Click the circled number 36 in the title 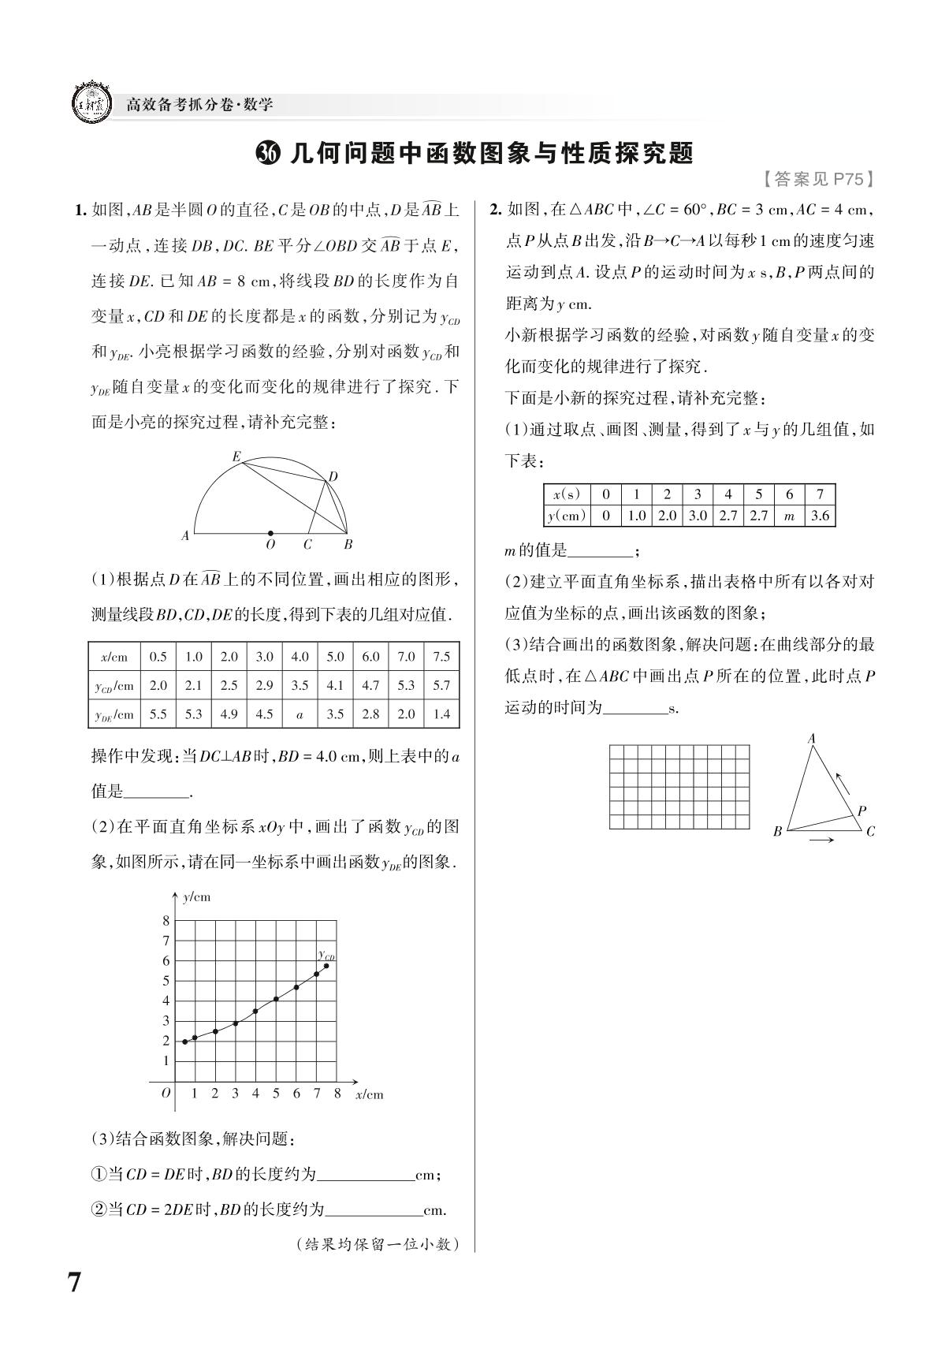tap(269, 153)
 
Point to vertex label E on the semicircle tap(236, 457)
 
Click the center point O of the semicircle tap(270, 534)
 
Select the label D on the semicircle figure tap(333, 476)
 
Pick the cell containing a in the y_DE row tap(300, 714)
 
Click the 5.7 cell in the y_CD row tap(441, 685)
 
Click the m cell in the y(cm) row tap(789, 516)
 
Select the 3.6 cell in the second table tap(820, 516)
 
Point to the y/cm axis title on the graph tap(196, 897)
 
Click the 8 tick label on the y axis tap(166, 921)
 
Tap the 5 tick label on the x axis tap(276, 1094)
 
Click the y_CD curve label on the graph tap(326, 955)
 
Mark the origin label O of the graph tap(166, 1094)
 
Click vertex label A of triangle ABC tap(811, 739)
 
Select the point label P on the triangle tap(862, 811)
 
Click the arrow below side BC tap(821, 840)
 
